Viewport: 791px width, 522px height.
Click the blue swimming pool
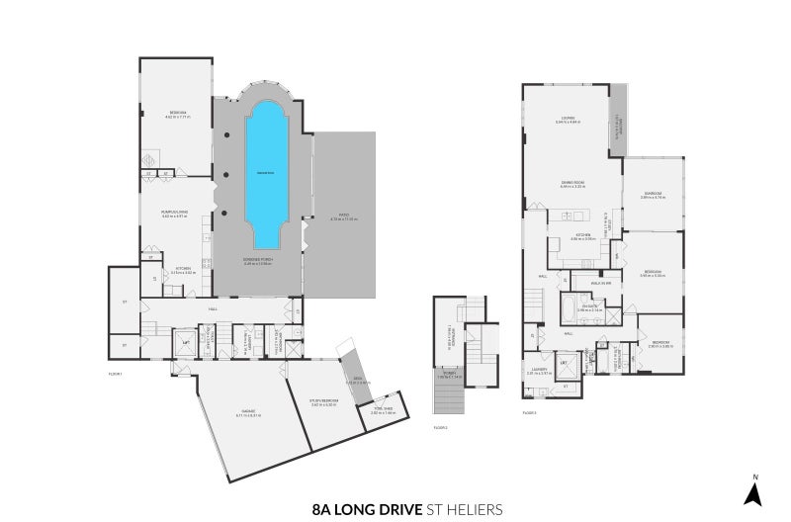pos(264,173)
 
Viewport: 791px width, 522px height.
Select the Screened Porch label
pos(257,263)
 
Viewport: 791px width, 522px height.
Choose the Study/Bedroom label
pos(323,402)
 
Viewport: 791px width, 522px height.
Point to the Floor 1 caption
pos(116,373)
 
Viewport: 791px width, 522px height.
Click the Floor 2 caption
pos(441,428)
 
